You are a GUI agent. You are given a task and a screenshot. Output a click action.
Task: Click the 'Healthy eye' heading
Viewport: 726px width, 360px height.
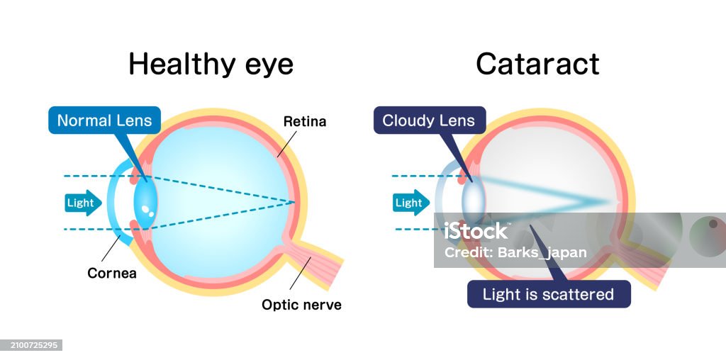pyautogui.click(x=211, y=64)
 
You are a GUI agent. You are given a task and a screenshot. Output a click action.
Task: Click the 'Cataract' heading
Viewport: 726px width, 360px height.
pyautogui.click(x=537, y=64)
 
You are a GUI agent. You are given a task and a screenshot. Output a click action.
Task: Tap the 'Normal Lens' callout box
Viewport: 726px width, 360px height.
pyautogui.click(x=104, y=120)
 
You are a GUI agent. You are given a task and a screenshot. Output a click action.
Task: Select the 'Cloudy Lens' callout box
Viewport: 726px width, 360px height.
pyautogui.click(x=428, y=120)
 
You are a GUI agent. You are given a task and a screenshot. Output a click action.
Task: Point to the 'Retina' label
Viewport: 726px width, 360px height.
pyautogui.click(x=305, y=121)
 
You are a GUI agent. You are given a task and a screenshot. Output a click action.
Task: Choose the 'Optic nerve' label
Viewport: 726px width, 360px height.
pyautogui.click(x=301, y=305)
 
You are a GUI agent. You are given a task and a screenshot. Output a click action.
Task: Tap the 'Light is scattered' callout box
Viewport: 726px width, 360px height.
pyautogui.click(x=548, y=294)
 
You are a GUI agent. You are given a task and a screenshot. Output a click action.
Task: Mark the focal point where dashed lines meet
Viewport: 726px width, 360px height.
pyautogui.click(x=294, y=203)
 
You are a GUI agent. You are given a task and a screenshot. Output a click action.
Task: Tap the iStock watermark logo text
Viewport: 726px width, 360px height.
pyautogui.click(x=476, y=231)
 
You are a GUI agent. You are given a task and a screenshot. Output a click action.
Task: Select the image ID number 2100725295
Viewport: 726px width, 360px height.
pyautogui.click(x=32, y=345)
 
